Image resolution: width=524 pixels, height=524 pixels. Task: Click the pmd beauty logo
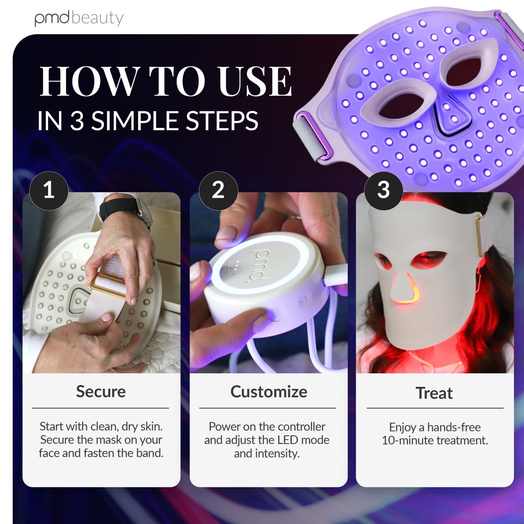coord(79,18)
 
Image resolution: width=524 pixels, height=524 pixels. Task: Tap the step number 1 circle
coord(49,190)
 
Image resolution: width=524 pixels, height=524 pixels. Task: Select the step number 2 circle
coord(218,190)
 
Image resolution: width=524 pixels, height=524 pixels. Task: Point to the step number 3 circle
coord(383,190)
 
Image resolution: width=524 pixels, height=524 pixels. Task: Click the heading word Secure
coord(101,391)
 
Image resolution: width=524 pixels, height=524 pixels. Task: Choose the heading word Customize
coord(269,391)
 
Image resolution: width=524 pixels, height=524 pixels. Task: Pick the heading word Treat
coord(434,393)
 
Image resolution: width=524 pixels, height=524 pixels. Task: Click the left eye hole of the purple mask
coord(402,104)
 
